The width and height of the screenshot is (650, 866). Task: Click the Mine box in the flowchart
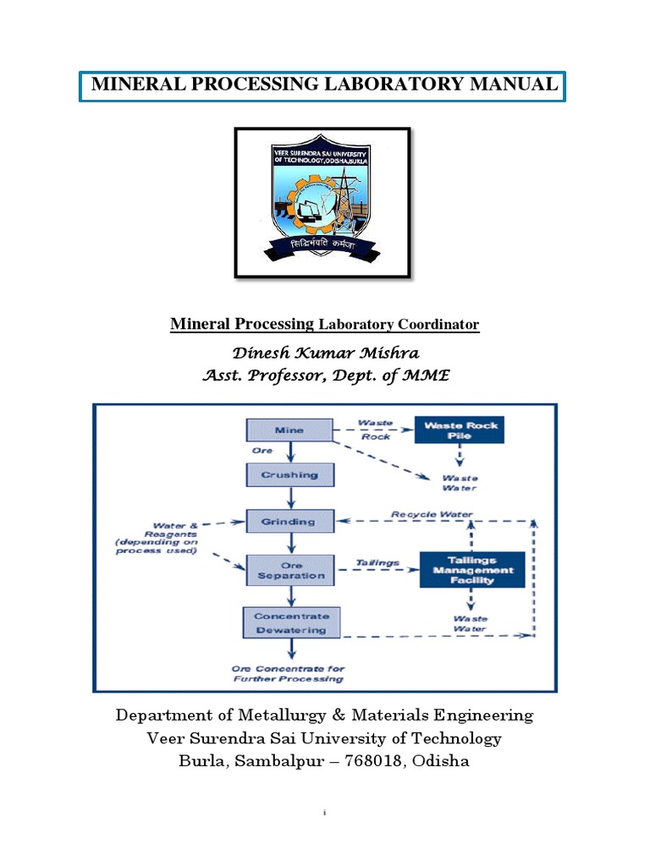pos(289,430)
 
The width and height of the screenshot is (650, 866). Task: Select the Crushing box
pos(289,475)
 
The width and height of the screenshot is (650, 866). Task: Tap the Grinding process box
pos(289,522)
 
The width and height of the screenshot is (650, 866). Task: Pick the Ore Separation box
pos(291,568)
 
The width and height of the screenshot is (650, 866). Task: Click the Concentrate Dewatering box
pos(291,622)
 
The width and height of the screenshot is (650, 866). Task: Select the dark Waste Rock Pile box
pos(459,429)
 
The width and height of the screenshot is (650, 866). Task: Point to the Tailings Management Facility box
pos(472,569)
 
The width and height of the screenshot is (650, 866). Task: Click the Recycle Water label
pos(431,513)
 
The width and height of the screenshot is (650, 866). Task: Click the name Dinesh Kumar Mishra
pos(325,354)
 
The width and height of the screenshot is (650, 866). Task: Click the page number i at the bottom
pos(325,813)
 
